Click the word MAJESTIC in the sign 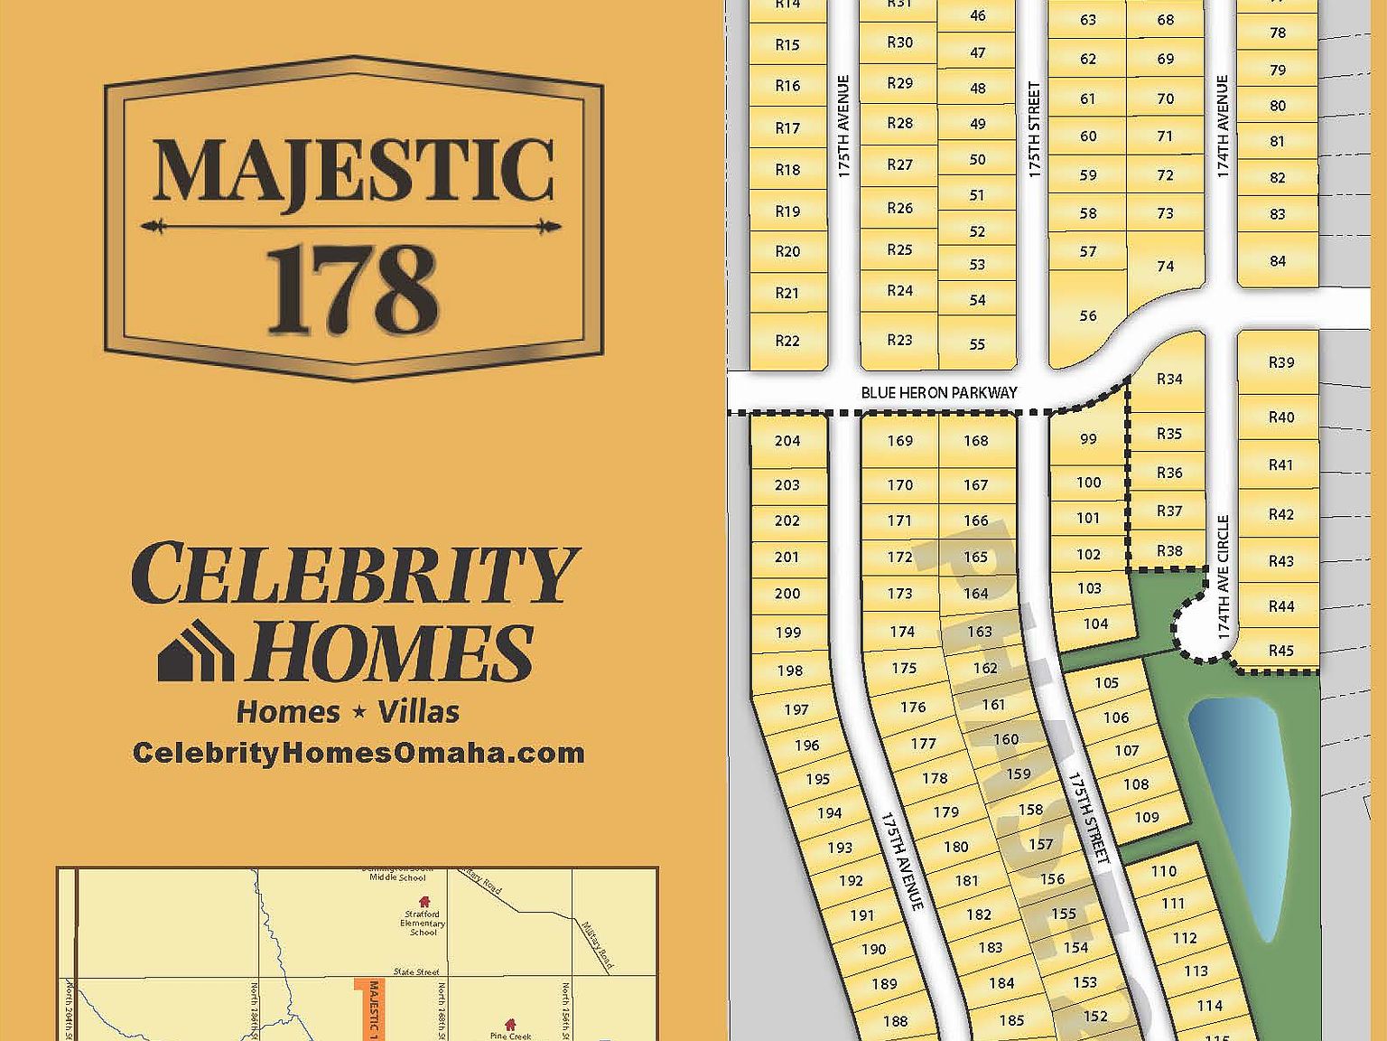pos(353,172)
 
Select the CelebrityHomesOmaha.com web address pos(358,753)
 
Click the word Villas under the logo pos(418,712)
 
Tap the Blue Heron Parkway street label pos(938,392)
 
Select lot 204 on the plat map pos(787,441)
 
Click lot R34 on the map pos(1169,379)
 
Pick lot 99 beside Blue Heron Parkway pos(1088,439)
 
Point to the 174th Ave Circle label pos(1224,578)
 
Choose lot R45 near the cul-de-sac pos(1280,651)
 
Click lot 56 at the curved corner pos(1088,316)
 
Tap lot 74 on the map pos(1165,267)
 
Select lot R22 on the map pos(787,341)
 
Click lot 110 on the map pos(1164,871)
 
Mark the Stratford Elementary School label pos(423,923)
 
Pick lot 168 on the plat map pos(976,441)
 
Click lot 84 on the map pos(1277,261)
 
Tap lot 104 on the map pos(1095,624)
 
